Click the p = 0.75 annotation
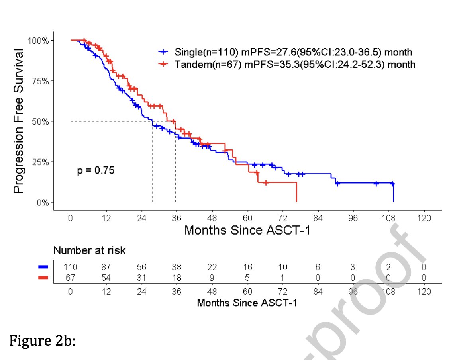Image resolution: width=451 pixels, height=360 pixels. pos(96,171)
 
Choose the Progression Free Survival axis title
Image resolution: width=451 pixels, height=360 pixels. pos(19,121)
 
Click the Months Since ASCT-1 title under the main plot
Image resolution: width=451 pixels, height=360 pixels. pos(247,230)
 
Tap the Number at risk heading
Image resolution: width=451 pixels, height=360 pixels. pos(90,250)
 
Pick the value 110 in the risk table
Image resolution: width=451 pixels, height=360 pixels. pos(71,267)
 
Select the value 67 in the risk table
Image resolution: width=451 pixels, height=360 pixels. pos(71,277)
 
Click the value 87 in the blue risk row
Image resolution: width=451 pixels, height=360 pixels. pos(106,267)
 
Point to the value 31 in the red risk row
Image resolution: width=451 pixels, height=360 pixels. pos(141,277)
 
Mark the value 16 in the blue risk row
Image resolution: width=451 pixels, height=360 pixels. pos(247,267)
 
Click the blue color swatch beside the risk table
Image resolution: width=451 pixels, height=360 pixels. pos(43,267)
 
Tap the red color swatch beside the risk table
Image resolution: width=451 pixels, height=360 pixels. pos(43,277)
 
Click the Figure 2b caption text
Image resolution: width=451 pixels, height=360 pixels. pos(42,342)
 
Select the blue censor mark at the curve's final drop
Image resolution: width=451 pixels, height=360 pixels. pos(392,184)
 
